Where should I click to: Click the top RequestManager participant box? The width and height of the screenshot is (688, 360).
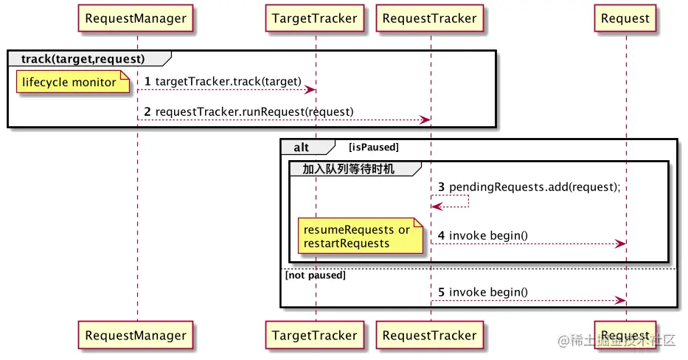click(136, 18)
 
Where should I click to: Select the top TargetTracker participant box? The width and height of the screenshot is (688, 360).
click(314, 18)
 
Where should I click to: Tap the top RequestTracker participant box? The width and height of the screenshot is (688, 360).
click(429, 18)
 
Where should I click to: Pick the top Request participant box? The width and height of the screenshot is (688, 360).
click(625, 18)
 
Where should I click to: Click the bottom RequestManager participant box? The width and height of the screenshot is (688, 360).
click(136, 335)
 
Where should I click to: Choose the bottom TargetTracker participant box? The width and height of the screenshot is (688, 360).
click(314, 335)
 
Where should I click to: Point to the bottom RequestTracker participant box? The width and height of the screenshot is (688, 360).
click(429, 335)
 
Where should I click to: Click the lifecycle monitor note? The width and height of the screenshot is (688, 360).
click(69, 82)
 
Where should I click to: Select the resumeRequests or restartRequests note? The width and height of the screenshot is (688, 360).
click(357, 236)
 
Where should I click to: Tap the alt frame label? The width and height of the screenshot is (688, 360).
click(302, 148)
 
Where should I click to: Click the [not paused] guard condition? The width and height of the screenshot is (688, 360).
click(315, 275)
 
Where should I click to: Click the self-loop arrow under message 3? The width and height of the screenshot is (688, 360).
click(451, 201)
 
